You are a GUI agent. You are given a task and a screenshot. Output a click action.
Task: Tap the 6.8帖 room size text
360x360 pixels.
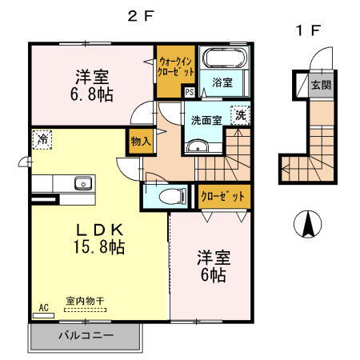94,94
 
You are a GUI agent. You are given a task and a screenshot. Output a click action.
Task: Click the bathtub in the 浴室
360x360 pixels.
222,58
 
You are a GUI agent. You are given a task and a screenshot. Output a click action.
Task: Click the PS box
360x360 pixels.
189,92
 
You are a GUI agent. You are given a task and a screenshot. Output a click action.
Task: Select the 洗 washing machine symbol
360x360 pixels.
240,114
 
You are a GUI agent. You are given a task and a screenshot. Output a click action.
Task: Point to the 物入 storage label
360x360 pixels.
141,142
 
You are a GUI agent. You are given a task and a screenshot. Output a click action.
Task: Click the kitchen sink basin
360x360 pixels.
82,183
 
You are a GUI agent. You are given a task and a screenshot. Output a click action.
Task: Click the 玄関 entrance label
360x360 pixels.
320,85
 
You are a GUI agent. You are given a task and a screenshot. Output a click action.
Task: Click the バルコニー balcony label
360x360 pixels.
85,336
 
